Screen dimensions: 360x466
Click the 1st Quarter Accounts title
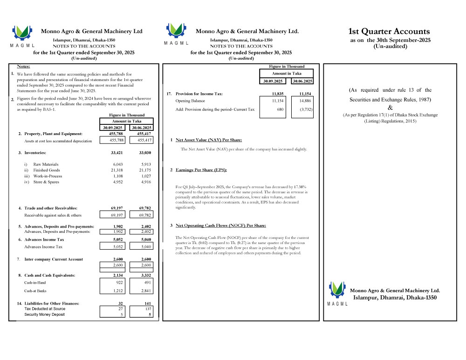[x=389, y=32]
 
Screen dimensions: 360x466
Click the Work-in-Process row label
[x=48, y=176]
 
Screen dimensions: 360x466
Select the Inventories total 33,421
[x=116, y=153]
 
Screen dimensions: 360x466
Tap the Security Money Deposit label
[x=45, y=314]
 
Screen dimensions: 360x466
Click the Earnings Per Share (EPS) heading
[x=201, y=170]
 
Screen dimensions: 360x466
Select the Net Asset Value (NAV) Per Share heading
[x=208, y=140]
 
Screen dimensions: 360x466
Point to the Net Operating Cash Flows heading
[x=220, y=225]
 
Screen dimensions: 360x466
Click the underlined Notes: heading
[x=24, y=67]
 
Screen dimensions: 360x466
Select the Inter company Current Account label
[x=54, y=259]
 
